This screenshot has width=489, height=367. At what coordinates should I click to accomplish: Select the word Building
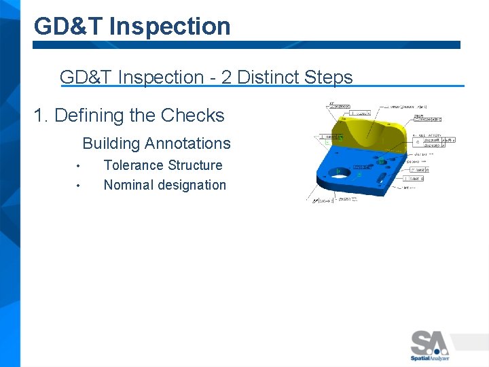coord(111,143)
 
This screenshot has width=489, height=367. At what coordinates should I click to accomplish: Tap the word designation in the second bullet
coord(194,185)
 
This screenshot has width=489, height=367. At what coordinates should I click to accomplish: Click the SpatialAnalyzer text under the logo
coord(430,358)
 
